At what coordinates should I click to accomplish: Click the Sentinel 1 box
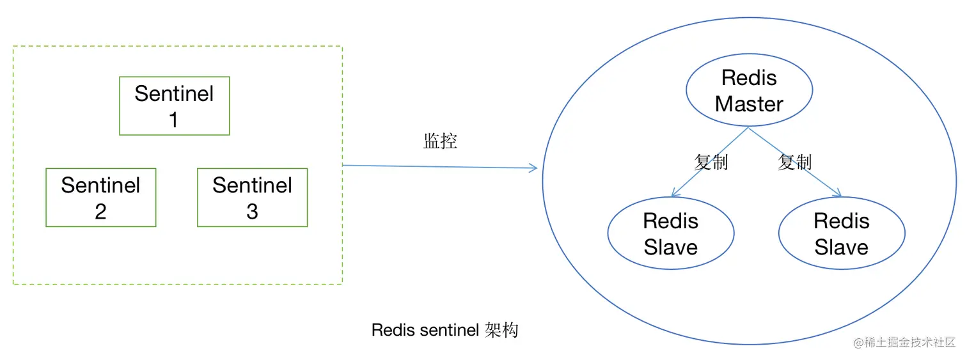tap(174, 106)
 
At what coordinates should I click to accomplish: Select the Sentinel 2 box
tap(100, 198)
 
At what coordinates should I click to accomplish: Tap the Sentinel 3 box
tap(252, 198)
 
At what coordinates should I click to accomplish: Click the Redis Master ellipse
tap(749, 91)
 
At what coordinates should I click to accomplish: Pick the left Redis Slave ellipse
tap(670, 234)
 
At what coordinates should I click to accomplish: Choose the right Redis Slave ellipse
tap(841, 234)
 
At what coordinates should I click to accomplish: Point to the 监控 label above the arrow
tap(440, 141)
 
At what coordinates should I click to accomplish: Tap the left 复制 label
tap(711, 162)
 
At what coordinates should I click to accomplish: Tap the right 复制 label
tap(794, 162)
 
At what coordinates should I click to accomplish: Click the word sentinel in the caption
tap(451, 331)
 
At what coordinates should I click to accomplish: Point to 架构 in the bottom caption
tap(501, 331)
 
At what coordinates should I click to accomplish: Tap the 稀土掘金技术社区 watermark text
tap(909, 343)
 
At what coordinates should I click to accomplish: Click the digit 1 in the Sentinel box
tap(174, 120)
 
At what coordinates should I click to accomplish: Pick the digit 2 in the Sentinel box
tap(100, 212)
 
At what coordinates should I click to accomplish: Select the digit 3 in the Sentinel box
tap(252, 212)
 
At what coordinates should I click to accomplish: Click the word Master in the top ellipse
tap(749, 104)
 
